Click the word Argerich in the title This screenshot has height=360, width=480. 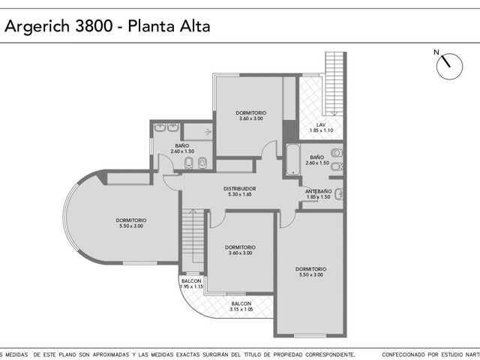pos(37,27)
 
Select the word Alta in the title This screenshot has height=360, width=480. pos(195,26)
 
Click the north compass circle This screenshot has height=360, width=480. pos(449,67)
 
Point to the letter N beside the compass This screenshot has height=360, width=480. pos(436,52)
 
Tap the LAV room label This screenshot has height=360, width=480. pos(321,125)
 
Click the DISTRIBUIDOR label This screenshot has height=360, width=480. pos(240,189)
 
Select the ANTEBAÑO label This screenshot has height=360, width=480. pos(318,191)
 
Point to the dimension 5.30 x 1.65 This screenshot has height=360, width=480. pos(240,194)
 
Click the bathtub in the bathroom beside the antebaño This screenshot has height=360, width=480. pos(293,160)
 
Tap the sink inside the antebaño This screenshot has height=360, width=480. pos(338,194)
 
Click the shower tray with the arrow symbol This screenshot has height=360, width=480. pos(198,132)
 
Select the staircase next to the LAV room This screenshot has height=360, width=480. pos(334,83)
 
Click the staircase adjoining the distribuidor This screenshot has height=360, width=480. pos(193,236)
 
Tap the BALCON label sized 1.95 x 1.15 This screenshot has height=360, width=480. pos(191,281)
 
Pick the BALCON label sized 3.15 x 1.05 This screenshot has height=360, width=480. pos(241,304)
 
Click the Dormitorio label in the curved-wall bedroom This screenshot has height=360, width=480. pos(131,220)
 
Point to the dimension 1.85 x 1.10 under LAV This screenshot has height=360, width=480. pos(321,130)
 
